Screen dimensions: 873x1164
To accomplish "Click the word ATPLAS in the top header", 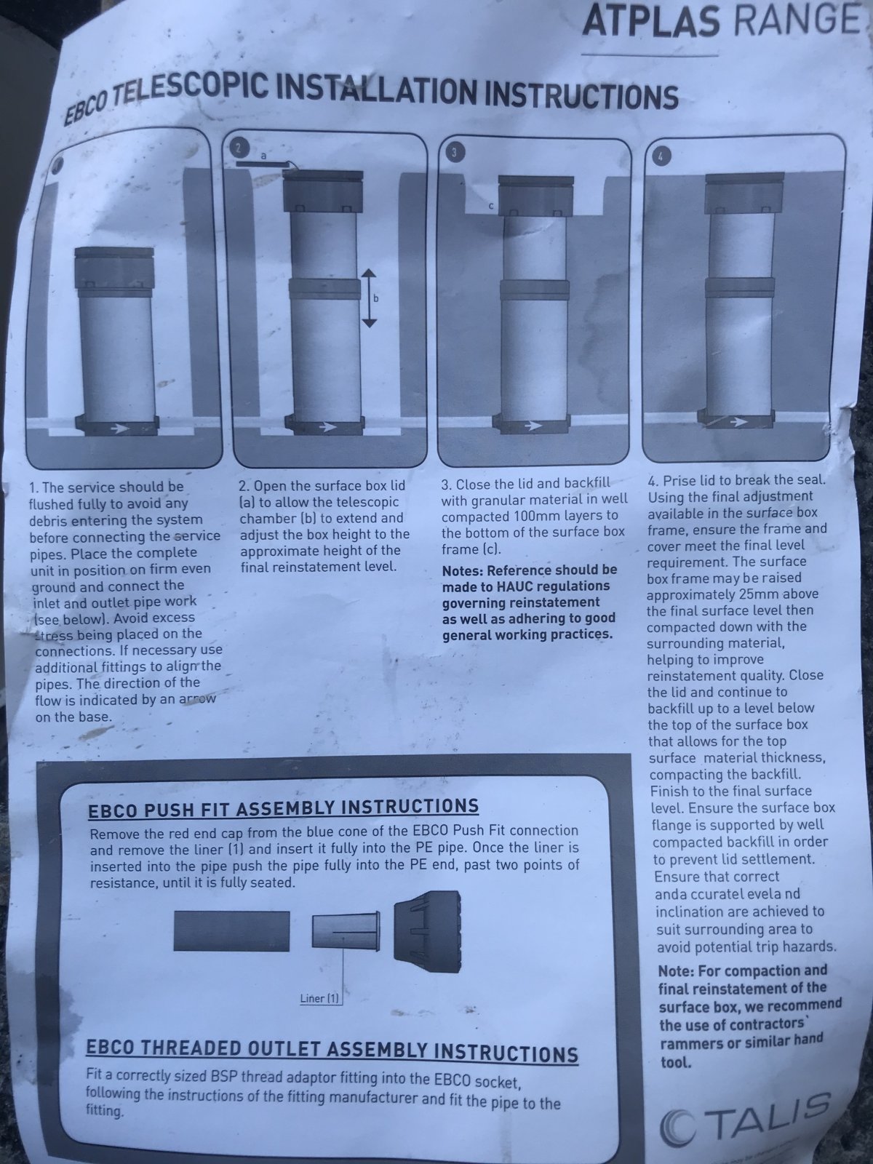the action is (651, 21).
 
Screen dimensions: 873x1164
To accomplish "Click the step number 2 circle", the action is (239, 148).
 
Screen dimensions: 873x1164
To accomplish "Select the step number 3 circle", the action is (454, 153).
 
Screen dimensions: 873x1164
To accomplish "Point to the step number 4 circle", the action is (661, 156).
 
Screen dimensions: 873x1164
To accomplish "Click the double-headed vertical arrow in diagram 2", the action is (370, 298).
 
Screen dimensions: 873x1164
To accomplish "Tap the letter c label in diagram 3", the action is (491, 206).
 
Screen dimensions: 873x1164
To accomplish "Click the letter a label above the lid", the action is (263, 156).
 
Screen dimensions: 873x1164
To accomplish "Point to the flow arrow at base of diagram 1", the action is (121, 428).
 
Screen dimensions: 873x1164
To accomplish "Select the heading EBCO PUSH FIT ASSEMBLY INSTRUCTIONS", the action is (283, 808).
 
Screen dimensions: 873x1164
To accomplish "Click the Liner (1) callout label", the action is (319, 998).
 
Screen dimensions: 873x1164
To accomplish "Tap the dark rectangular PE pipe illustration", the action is (231, 931).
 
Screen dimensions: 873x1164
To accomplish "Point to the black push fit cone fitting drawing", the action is (427, 931).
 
